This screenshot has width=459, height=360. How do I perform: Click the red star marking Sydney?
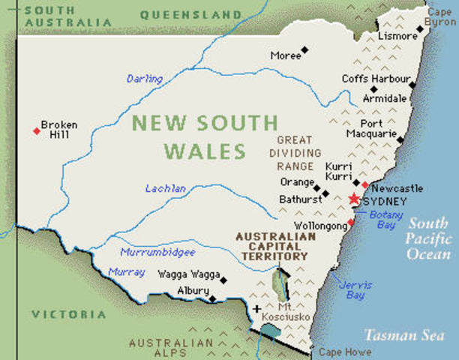point(354,199)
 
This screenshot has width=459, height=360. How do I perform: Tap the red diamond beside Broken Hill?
point(36,131)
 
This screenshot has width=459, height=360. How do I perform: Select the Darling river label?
point(144,79)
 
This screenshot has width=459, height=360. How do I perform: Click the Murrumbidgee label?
point(158,253)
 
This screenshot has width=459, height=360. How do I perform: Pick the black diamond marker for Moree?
point(304,51)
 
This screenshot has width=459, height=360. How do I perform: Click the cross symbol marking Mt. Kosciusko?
point(257,308)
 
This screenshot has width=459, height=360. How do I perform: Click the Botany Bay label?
point(386,220)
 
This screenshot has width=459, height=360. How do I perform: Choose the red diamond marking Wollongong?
point(350,223)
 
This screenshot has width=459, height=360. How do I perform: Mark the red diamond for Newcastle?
point(365,184)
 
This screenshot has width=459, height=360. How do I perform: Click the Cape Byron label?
point(441,16)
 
